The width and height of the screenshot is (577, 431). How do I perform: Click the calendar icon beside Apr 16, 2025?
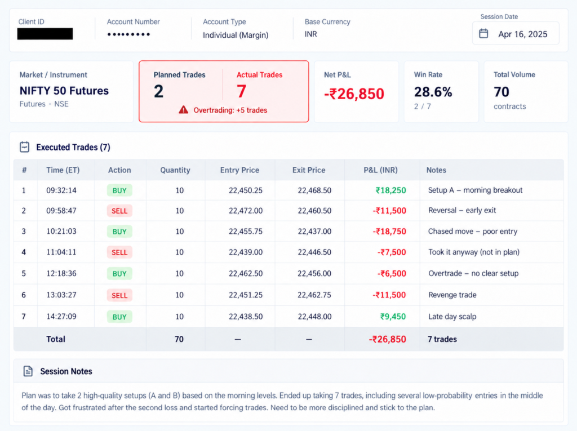pos(483,33)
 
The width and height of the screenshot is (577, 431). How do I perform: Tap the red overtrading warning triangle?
pos(183,110)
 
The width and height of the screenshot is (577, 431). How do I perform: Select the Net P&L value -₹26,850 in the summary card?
pos(354,94)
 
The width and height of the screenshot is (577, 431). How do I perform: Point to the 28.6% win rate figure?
pos(433,92)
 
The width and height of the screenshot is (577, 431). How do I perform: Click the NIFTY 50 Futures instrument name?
pos(64,91)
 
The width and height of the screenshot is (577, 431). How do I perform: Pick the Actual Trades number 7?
pos(241,91)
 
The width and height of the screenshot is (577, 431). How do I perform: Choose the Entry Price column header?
pos(239,170)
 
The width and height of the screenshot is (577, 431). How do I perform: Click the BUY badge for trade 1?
pos(119,190)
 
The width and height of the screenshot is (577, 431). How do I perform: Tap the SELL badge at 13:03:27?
pos(119,295)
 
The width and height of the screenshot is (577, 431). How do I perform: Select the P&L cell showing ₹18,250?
pos(390,190)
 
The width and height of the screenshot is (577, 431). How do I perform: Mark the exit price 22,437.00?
pos(314,232)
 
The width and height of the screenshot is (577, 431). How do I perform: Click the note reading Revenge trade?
pos(452,295)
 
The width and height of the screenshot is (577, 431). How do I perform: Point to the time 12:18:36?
pos(61,273)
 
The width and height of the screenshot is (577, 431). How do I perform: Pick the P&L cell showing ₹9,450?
pos(393,317)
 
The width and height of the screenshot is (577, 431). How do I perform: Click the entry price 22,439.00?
pos(246,252)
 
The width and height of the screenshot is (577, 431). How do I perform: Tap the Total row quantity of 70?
pos(179,339)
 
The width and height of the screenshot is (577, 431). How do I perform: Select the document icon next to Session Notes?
pos(28,371)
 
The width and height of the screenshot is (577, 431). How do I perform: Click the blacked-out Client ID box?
pos(45,34)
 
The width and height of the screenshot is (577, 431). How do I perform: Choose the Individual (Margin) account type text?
pos(236,35)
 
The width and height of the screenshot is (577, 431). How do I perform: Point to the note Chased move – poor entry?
pos(473,231)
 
